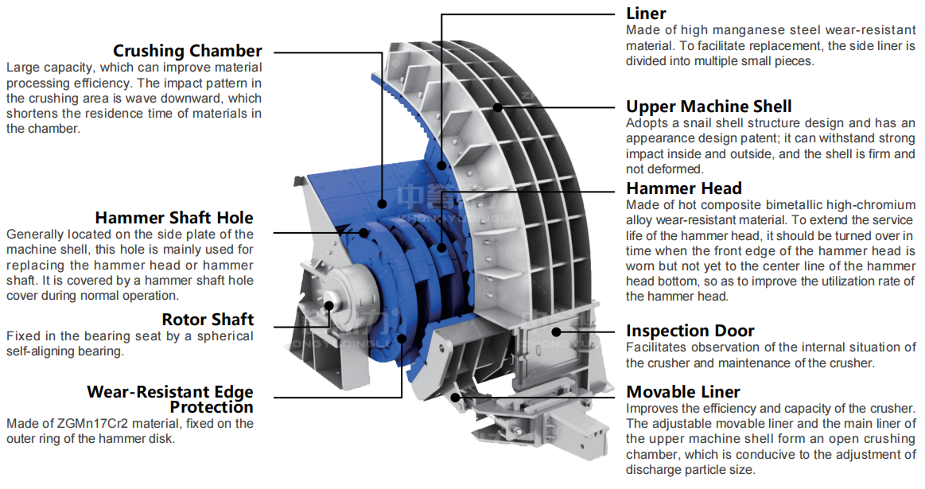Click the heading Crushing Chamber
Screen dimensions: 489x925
point(187,52)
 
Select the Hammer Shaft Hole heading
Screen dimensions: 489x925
point(173,218)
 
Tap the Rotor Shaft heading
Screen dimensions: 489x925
point(208,320)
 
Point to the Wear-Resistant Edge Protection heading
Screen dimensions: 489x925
point(169,399)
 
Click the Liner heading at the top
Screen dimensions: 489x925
point(646,14)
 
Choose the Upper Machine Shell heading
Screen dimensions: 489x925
point(709,107)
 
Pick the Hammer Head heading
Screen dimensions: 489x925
point(683,188)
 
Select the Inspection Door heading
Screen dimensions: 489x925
point(690,331)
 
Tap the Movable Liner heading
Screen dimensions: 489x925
point(682,392)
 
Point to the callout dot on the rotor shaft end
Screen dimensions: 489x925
point(328,304)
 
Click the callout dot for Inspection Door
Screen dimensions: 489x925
point(557,331)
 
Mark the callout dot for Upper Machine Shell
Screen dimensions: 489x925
point(498,107)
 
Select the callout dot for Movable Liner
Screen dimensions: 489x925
point(456,396)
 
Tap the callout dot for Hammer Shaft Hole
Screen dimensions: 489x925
point(365,233)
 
